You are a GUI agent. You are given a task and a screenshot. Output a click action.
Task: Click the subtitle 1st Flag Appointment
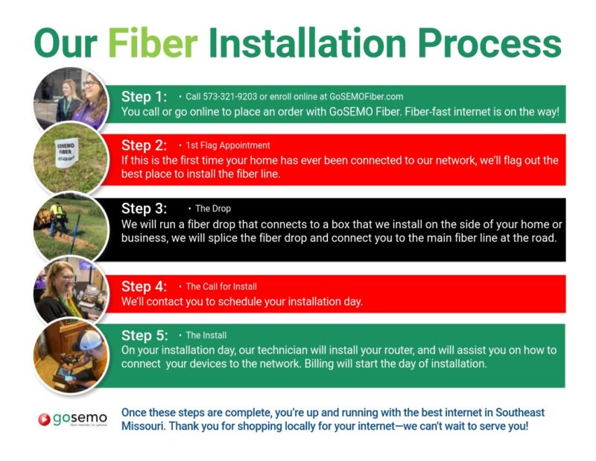[x=228, y=145]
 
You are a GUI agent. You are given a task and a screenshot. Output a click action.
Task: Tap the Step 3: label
[x=145, y=209]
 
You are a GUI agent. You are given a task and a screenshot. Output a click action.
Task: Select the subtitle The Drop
[x=213, y=209]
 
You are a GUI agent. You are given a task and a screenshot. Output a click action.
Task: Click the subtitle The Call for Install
[x=221, y=286]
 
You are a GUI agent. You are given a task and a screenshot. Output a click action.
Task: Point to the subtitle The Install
[x=206, y=335]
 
